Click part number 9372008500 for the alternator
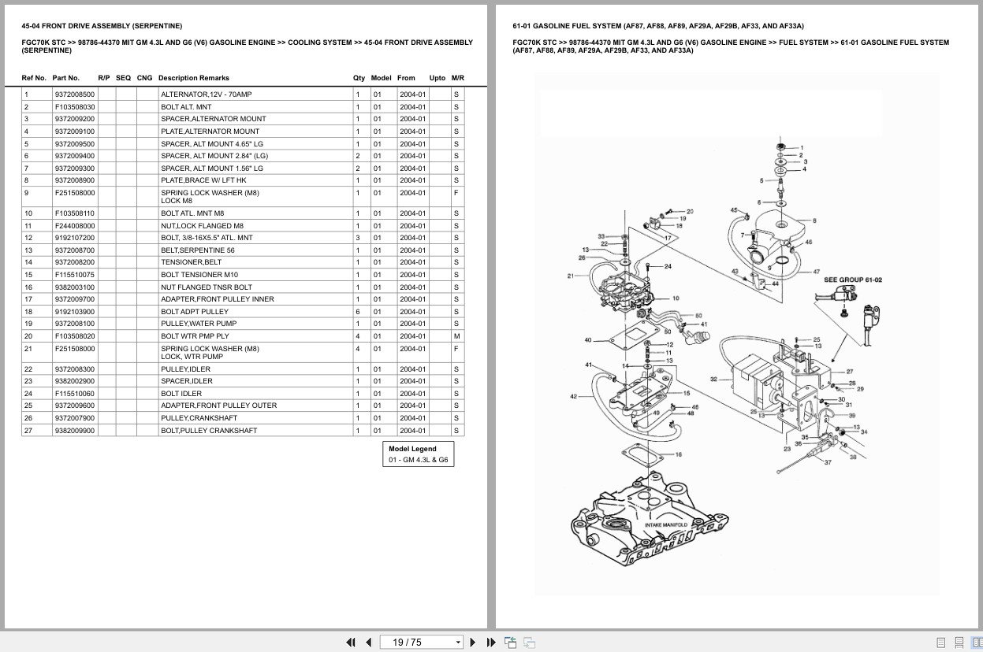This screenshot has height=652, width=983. pos(75,94)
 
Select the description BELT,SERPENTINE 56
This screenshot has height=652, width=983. pos(198,250)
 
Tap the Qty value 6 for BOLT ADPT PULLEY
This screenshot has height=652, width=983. pos(358,312)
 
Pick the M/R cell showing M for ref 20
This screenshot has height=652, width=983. pos(457,336)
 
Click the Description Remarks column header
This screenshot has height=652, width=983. pos(194,78)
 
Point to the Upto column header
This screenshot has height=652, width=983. pos(437,78)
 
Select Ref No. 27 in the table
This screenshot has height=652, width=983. pos(28,431)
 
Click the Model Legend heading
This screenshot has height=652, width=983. pos(412,449)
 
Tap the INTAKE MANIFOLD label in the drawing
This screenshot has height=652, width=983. pos(666,525)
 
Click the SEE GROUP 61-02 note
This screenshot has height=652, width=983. pos(853,280)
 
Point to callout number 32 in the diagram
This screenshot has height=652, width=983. pos(713,380)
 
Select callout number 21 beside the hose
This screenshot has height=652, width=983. pos(571,276)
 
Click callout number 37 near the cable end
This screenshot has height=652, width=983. pos(828,462)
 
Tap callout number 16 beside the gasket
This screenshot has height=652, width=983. pos(679,454)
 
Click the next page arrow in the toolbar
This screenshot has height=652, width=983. pos(473,643)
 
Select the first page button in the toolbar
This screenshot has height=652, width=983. pos(351,643)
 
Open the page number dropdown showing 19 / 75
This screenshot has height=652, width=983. pos(458,643)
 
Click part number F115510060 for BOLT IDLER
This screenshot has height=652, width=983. pos(75,394)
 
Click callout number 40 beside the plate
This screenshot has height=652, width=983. pos(588,340)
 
